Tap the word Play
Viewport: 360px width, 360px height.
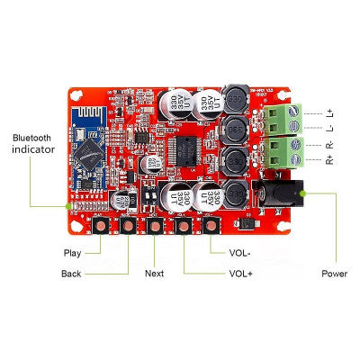[x=73, y=253]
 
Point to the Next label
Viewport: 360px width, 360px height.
[x=154, y=273]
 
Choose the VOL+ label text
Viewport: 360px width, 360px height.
[x=240, y=273]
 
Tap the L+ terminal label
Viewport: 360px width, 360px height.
[x=335, y=113]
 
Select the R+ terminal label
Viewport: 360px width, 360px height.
[x=335, y=159]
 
